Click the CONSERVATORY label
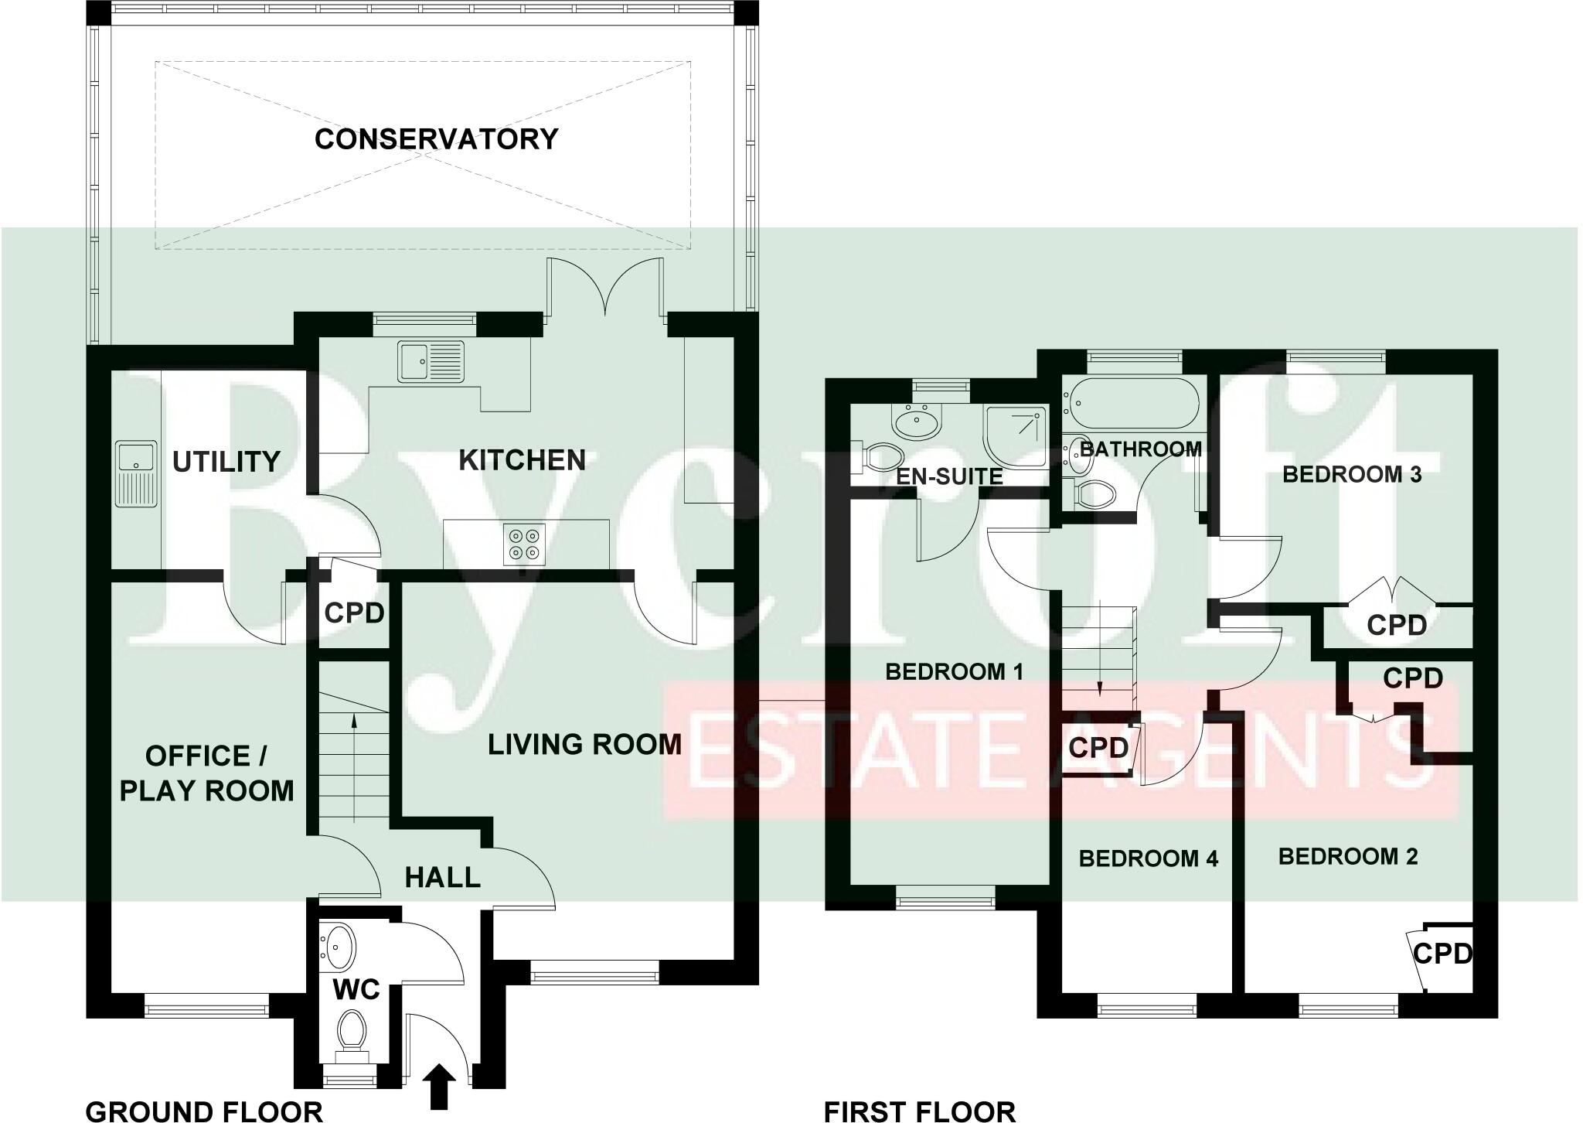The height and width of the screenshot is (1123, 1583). coord(436,139)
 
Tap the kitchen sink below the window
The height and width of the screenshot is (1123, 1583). coord(431,361)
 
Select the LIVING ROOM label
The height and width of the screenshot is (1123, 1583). coord(584,744)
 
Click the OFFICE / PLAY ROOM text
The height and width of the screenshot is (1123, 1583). coord(207,773)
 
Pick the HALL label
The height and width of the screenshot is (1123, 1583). coord(443,877)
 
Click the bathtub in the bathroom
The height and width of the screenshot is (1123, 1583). coord(1130,403)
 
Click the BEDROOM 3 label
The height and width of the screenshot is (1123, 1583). coord(1352,475)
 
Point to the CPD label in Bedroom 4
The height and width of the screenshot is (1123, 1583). coord(1098,748)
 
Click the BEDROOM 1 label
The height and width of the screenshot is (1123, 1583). coord(954,671)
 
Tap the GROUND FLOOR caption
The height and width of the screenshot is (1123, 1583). coord(203,1111)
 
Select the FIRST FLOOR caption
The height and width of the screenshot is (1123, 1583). coord(919,1111)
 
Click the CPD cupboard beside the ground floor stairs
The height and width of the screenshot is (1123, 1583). coord(354,613)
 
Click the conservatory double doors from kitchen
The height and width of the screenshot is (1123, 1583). coord(605,290)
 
